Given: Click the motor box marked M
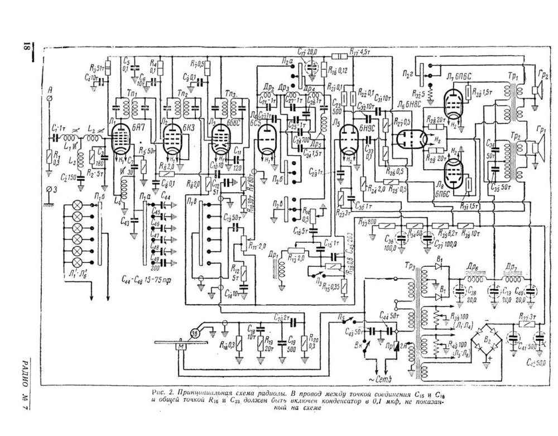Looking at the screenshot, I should coord(180,347).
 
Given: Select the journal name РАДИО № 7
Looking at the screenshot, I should coord(26,385).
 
